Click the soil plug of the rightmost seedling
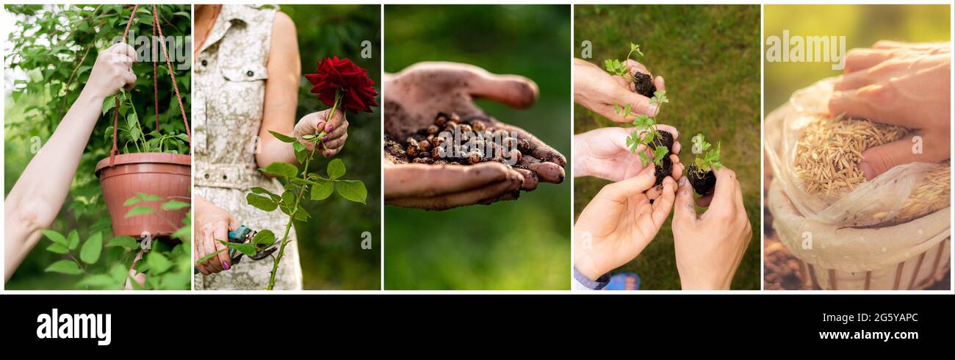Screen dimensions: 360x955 point(701,179)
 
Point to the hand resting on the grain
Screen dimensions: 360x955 point(893,103)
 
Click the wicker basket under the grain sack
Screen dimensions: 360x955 point(874,272)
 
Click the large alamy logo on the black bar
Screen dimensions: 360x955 point(73,326)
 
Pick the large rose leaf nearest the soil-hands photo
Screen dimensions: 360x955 point(351,190)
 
